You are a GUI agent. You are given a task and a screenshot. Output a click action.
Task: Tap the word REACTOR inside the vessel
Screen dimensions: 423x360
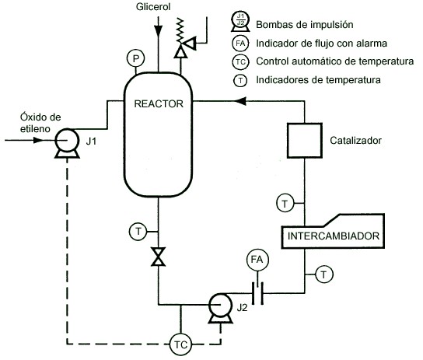[x=159, y=104]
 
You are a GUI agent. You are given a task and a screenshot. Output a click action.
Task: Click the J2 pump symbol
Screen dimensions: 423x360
[x=220, y=308]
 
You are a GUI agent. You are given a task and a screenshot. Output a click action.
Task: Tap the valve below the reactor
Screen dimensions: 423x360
[x=158, y=257]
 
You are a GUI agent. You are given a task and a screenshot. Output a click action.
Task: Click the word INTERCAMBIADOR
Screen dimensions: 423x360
[x=334, y=236]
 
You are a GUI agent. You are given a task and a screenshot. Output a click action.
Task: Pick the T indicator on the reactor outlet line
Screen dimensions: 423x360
[x=138, y=232]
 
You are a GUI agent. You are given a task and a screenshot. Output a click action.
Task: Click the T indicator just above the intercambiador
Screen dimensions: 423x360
[x=285, y=203]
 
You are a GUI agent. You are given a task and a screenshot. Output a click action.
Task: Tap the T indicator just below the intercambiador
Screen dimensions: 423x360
[x=324, y=274]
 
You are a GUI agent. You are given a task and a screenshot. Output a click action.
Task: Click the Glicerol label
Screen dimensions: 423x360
[x=153, y=7]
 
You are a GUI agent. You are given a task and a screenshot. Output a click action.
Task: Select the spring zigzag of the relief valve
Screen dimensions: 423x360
[x=180, y=30]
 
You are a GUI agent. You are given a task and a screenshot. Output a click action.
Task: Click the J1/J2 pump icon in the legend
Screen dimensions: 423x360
[x=240, y=22]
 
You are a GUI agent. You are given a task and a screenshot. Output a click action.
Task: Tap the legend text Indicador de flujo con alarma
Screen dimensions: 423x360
[x=322, y=44]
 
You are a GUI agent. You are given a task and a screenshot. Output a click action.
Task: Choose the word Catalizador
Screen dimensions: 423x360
[x=355, y=141]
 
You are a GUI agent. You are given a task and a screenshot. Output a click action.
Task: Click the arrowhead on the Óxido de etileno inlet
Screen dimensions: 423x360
[x=38, y=140]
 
